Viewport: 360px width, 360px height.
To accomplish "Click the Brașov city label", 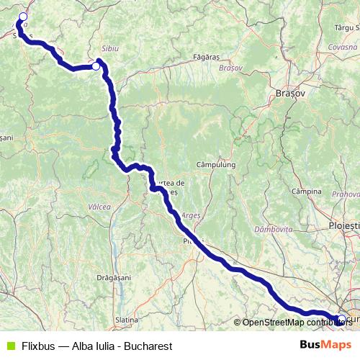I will coord(291,94).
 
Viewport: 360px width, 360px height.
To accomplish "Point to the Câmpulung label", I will coord(216,165).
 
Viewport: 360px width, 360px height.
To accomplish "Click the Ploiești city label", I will coord(343,225).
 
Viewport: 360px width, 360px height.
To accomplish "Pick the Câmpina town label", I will coord(306,192).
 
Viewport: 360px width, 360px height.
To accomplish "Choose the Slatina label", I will coord(127,319).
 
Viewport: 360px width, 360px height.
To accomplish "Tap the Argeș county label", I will coord(191,215).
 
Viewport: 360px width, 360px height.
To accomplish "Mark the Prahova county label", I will coord(346,194).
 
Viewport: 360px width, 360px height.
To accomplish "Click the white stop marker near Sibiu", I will coord(96,66).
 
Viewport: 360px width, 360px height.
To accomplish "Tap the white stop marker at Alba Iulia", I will coord(23,17).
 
